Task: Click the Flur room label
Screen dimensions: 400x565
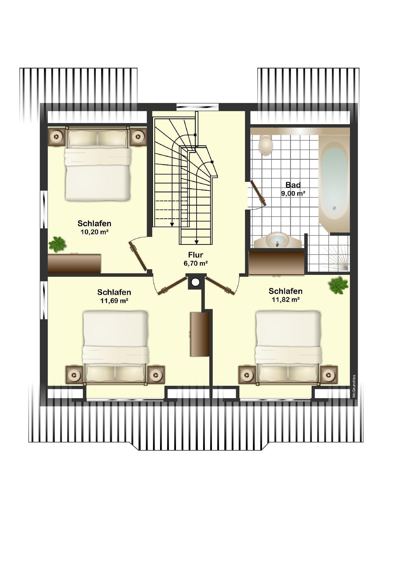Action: tap(196, 255)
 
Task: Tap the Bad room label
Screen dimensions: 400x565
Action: tap(293, 185)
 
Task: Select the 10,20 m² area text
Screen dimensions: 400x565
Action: tap(94, 232)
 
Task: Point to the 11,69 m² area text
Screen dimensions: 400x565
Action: tap(114, 301)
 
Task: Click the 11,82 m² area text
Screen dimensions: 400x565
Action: tap(286, 300)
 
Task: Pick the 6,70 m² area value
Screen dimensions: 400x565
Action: tap(196, 263)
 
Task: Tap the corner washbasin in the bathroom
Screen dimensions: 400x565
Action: tap(277, 240)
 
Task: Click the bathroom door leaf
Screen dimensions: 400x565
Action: tap(259, 193)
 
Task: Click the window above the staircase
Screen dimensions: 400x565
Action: tap(197, 107)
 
